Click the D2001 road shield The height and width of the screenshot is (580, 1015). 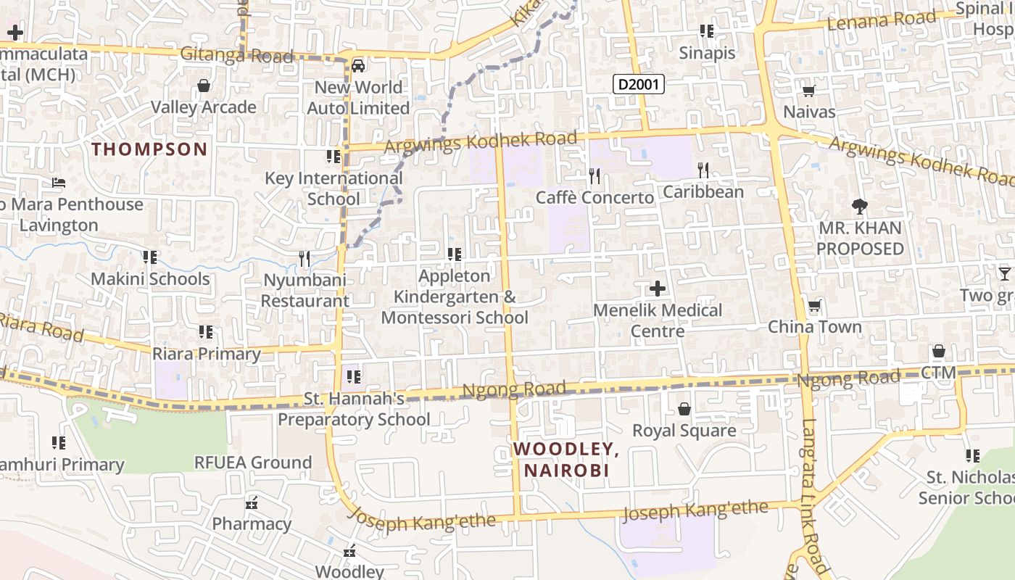point(639,84)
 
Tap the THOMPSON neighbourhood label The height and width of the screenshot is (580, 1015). point(149,149)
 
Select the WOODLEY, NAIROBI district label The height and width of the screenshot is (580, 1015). point(566,460)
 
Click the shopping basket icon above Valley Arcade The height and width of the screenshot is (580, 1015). point(204,86)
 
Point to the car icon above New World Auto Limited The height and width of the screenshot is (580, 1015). point(358,66)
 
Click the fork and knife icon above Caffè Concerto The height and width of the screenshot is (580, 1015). point(594,175)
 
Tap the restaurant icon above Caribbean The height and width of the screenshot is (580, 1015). point(703,170)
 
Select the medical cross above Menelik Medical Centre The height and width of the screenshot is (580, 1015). point(658,289)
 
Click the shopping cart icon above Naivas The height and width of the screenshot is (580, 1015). point(809,91)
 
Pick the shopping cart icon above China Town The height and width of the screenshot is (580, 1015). point(815,306)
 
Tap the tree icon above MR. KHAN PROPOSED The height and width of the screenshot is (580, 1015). point(860,207)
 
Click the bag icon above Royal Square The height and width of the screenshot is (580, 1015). point(684,410)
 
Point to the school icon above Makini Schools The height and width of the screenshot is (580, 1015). point(150,257)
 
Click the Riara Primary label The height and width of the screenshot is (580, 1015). point(207,354)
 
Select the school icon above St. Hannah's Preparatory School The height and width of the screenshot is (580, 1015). point(354,377)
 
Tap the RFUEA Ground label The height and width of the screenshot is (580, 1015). point(253,463)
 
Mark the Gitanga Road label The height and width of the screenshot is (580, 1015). point(236,54)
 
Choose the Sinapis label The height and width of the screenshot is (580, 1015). point(707,53)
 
